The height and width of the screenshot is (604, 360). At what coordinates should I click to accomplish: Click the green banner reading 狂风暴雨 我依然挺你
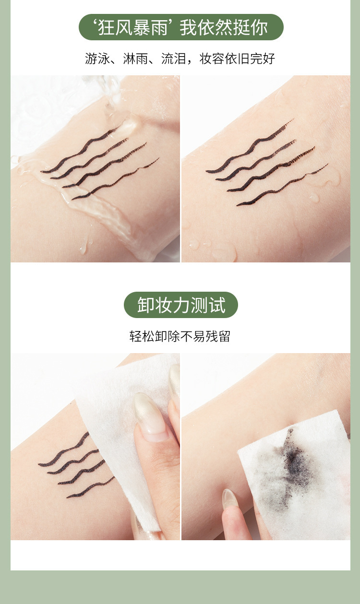(x=181, y=27)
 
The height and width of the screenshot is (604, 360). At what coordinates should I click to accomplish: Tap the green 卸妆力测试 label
(x=181, y=305)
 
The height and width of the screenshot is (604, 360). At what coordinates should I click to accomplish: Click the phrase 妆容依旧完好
(x=237, y=59)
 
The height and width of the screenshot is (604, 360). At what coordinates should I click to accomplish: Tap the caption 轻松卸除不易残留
(x=180, y=336)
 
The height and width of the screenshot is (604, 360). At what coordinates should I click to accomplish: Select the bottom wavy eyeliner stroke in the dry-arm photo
(x=282, y=186)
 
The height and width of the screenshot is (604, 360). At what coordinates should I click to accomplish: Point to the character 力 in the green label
(x=181, y=305)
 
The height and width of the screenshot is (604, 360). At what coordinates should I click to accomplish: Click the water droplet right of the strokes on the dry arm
(x=314, y=198)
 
